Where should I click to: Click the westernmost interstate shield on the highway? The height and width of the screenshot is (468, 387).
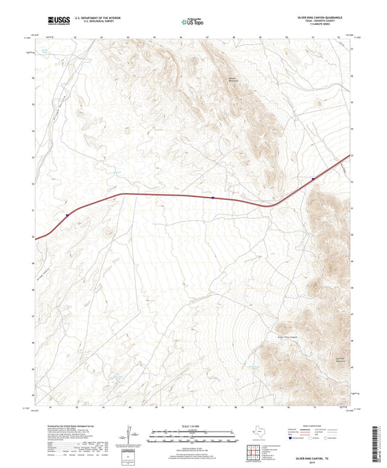pyautogui.click(x=67, y=215)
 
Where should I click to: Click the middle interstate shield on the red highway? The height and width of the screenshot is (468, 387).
pyautogui.click(x=212, y=197)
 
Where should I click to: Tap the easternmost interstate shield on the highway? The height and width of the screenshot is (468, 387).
pyautogui.click(x=312, y=178)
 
